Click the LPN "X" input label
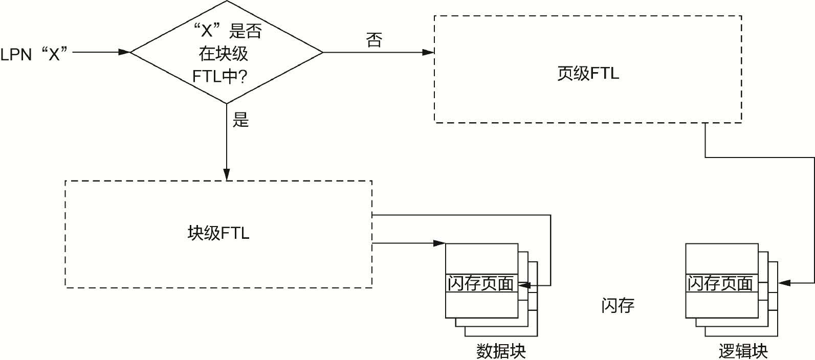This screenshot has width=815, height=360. click(34, 53)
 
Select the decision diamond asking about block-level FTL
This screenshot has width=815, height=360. click(227, 52)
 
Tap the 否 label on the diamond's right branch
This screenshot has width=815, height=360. click(374, 40)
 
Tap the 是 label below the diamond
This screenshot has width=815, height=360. click(240, 120)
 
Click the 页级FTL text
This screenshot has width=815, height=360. click(588, 73)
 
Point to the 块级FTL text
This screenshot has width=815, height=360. click(218, 234)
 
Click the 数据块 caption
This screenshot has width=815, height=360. click(501, 351)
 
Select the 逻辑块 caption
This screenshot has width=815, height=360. click(743, 351)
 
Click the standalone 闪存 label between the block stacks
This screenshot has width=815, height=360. click(618, 305)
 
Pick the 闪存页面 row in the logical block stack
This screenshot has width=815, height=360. click(720, 283)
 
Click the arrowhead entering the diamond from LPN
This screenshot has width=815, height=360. click(124, 52)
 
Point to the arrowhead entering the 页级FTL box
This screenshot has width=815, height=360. click(428, 52)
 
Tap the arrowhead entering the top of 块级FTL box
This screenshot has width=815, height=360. click(227, 175)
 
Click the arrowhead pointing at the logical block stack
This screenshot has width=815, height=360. click(783, 282)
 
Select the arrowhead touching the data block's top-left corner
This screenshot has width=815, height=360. click(439, 243)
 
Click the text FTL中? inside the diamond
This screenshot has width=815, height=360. click(220, 77)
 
